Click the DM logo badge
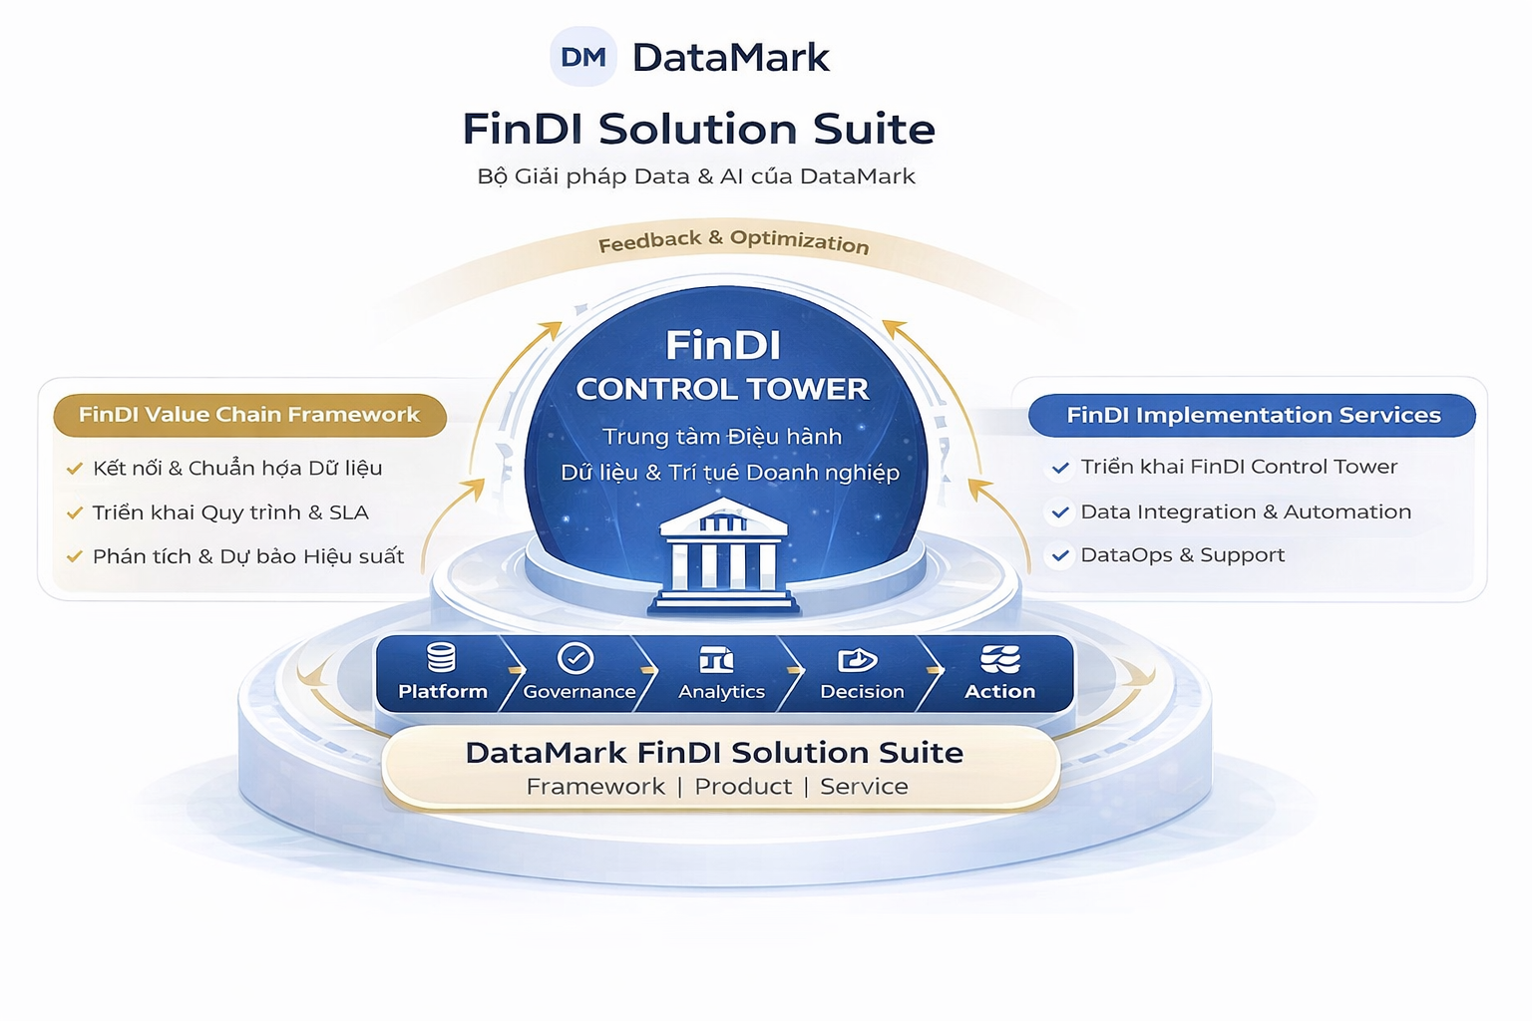click(583, 57)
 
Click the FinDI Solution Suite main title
click(698, 130)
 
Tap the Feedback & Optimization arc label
click(733, 241)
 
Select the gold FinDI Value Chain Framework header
click(249, 415)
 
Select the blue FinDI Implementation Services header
click(1253, 415)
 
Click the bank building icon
click(724, 554)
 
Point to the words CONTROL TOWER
click(722, 389)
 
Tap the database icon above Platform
click(441, 658)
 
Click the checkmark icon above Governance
click(575, 658)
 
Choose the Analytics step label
click(721, 692)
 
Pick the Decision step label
click(862, 692)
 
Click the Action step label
click(999, 692)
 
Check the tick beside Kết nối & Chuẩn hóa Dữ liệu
click(74, 469)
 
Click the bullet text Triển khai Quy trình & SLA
click(230, 512)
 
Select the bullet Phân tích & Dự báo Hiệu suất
click(248, 556)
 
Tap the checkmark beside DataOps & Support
click(1060, 555)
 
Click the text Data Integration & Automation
click(1246, 511)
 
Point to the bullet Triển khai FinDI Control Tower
click(1239, 467)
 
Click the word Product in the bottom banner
click(743, 787)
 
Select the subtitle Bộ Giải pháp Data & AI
click(696, 176)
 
